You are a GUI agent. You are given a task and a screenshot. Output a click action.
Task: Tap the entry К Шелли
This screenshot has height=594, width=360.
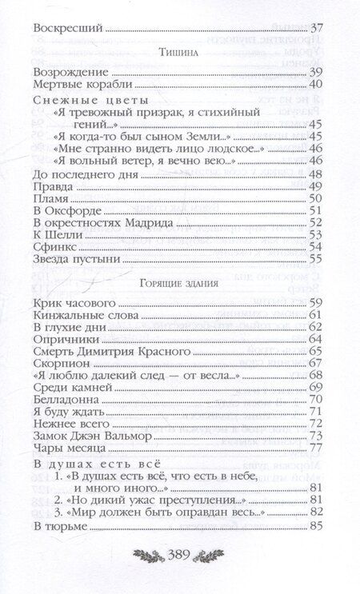pos(57,235)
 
